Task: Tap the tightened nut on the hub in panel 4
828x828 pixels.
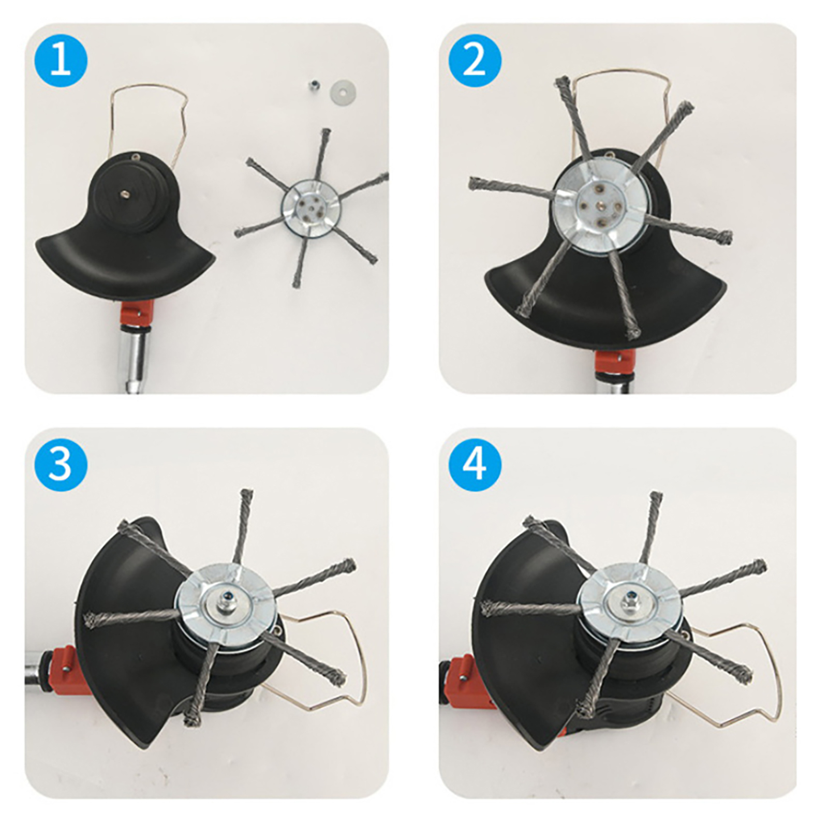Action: click(632, 602)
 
